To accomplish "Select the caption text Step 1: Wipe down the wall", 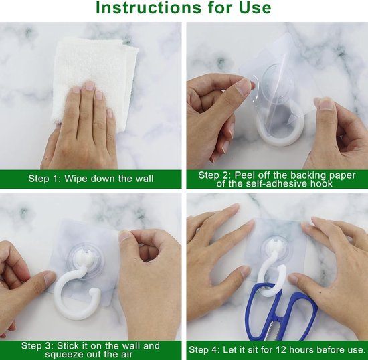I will pyautogui.click(x=90, y=179).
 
